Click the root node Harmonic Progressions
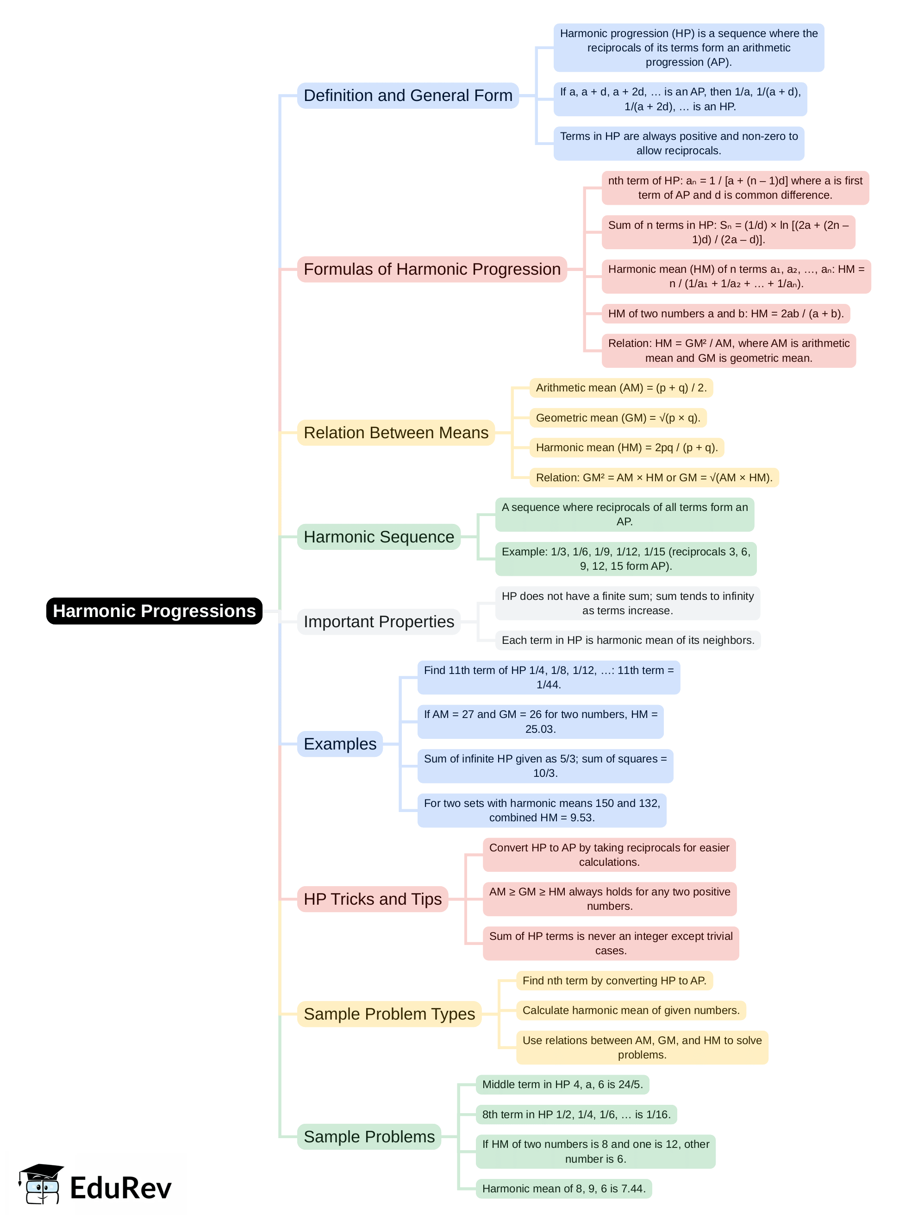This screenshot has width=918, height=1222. click(154, 611)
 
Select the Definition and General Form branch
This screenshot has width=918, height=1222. click(407, 95)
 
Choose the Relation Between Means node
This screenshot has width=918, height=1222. click(396, 433)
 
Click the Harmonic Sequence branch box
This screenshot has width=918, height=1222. click(379, 536)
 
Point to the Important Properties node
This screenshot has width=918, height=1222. click(379, 622)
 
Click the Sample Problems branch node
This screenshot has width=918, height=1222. click(369, 1136)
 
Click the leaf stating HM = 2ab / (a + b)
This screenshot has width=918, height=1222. click(725, 314)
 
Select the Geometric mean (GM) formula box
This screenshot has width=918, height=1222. click(618, 418)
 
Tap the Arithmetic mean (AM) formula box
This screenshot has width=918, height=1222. click(621, 388)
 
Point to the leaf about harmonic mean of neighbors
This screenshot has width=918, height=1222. click(628, 640)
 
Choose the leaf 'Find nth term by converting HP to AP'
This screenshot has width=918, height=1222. click(614, 981)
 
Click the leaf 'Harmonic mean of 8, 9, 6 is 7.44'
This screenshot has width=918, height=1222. click(563, 1188)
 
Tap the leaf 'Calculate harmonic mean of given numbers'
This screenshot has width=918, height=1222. click(631, 1010)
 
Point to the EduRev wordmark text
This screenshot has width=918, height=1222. click(120, 1188)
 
